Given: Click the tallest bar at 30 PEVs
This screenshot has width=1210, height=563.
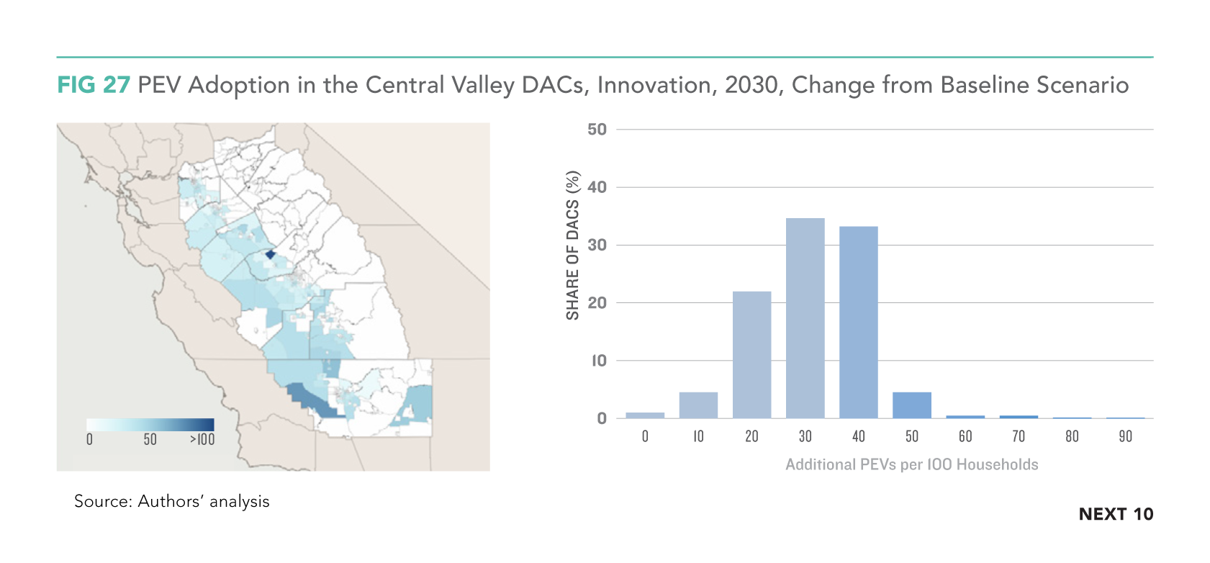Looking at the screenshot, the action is coord(805,318).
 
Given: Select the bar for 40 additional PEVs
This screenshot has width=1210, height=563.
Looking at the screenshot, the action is coord(858,322).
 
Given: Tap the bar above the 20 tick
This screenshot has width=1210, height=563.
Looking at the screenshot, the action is coord(751,355).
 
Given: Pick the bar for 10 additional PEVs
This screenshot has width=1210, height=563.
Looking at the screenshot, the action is coord(698,405).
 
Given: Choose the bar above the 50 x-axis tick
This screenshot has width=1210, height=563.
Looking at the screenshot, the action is coord(912,405).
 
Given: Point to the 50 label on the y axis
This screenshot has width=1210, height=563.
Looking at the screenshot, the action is coord(597,130).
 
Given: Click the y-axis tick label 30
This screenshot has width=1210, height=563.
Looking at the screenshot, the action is coord(597,246).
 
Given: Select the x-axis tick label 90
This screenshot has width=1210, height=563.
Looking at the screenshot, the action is coord(1125,436).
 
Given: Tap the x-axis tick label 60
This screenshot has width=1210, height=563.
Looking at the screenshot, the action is coord(965,436).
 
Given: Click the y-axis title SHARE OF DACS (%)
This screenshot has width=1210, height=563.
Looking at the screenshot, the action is coord(572,246).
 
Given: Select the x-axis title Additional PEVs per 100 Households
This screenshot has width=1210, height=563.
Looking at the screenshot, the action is coord(912,464).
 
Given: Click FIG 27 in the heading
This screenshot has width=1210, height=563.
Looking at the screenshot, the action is coord(94,85).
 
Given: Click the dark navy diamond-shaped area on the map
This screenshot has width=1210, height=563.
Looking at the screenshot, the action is coord(270,254).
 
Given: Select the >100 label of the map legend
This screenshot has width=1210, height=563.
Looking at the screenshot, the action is coord(202,439).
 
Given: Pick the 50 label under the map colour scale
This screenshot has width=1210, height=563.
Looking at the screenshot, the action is coord(150,439).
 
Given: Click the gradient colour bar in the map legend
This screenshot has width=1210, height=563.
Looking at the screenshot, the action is coord(150,425).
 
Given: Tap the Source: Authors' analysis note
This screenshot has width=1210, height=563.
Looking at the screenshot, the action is coord(172,501).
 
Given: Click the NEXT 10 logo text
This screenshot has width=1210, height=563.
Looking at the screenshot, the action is coord(1116,514).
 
